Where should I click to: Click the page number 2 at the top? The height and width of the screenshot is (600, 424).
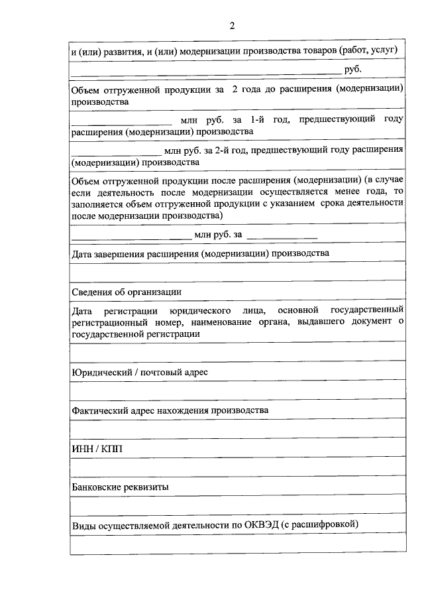pos(232,26)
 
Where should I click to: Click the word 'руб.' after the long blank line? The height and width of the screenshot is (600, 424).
pos(352,68)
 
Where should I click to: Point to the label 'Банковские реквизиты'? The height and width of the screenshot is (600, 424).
pos(120,487)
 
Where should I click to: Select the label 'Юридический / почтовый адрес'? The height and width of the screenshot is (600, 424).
pos(140,372)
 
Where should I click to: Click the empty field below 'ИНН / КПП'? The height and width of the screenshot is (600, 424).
pos(238,467)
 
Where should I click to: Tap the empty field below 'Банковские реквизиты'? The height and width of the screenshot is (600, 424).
pos(238,505)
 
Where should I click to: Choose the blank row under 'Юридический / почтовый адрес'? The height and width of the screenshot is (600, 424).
pos(238,390)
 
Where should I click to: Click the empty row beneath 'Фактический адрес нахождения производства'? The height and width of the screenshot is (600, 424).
pos(238,428)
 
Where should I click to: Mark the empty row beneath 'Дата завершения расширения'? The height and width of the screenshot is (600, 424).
pos(238,272)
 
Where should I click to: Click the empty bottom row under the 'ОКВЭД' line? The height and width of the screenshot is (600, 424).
pos(238,544)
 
